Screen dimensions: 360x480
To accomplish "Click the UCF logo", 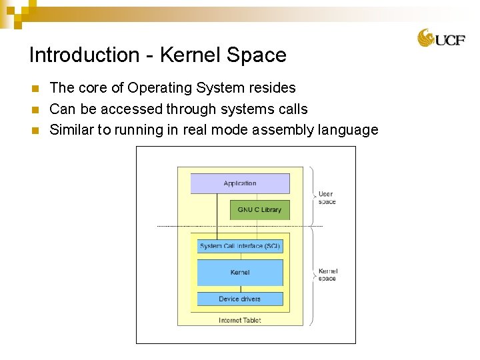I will tap(441, 38).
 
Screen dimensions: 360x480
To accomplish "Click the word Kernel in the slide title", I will tap(209, 55).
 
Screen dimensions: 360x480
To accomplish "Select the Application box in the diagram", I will tap(240, 183).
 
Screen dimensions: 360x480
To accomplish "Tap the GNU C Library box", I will tap(259, 210).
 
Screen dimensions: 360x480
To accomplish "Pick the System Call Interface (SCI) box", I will tap(240, 246).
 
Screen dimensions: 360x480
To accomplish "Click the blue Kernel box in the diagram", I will tap(240, 272).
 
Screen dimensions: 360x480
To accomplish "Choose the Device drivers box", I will tap(240, 299).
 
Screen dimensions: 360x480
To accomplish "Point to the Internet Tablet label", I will tap(240, 321).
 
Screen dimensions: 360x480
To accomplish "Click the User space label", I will tap(327, 198).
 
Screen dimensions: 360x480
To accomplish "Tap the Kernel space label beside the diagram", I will tap(327, 275).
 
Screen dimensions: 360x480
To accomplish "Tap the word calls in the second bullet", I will tap(291, 109).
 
